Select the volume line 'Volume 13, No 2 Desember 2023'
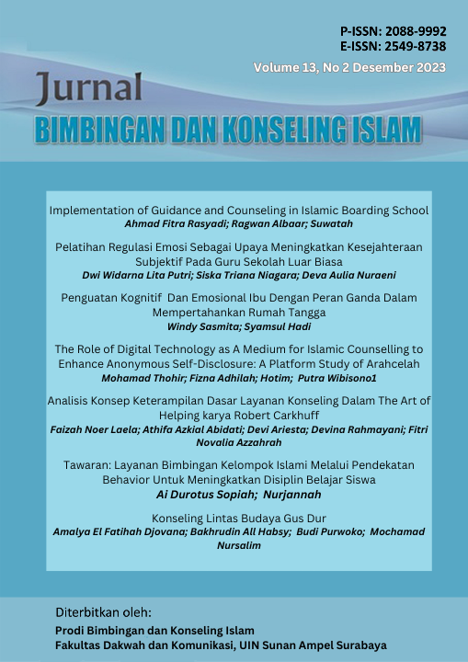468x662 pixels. (350, 67)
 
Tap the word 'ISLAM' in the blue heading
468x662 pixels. (387, 131)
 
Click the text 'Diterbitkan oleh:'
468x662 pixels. (103, 611)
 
